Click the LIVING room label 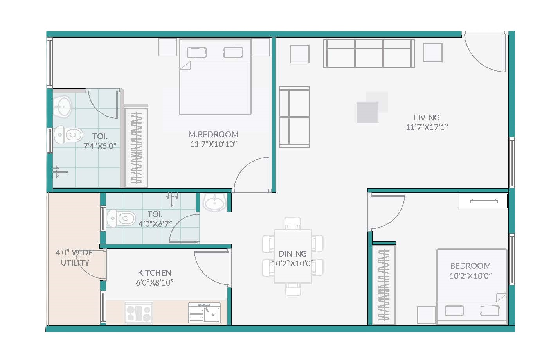pyautogui.click(x=427, y=118)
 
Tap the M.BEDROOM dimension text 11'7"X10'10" pyautogui.click(x=214, y=144)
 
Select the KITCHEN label pyautogui.click(x=155, y=273)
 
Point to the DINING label pyautogui.click(x=292, y=253)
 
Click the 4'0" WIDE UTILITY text pyautogui.click(x=74, y=257)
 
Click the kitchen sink pyautogui.click(x=204, y=313)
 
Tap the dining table pyautogui.click(x=293, y=256)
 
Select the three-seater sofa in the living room pyautogui.click(x=369, y=53)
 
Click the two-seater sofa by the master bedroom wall pyautogui.click(x=294, y=117)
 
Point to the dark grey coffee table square pyautogui.click(x=367, y=112)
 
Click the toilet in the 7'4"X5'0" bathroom pyautogui.click(x=68, y=135)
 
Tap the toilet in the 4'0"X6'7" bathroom pyautogui.click(x=121, y=218)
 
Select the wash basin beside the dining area pyautogui.click(x=214, y=203)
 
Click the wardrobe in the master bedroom pyautogui.click(x=136, y=148)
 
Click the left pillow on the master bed pyautogui.click(x=197, y=52)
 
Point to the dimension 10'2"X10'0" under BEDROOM pyautogui.click(x=470, y=276)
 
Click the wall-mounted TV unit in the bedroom pyautogui.click(x=483, y=201)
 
